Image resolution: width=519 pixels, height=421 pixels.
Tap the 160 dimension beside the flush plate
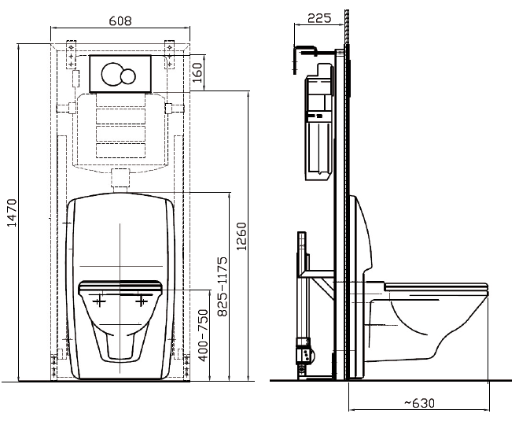[197, 73]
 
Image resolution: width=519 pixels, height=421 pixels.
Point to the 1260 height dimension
[241, 236]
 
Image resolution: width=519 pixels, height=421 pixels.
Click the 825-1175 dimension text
[223, 286]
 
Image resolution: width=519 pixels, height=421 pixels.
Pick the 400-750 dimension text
[202, 335]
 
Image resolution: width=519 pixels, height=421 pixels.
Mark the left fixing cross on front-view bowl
[98, 301]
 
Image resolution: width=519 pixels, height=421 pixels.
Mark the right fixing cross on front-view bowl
[142, 301]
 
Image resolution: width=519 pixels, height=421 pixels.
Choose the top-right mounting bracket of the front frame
[170, 49]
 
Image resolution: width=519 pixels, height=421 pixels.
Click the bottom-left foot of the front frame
[56, 364]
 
